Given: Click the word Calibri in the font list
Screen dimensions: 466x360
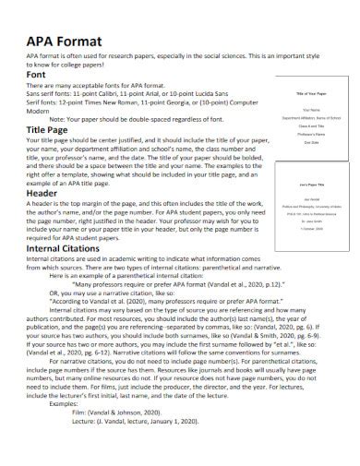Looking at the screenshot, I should click(x=114, y=93).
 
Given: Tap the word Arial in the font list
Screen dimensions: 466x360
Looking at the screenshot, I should click(x=161, y=93).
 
